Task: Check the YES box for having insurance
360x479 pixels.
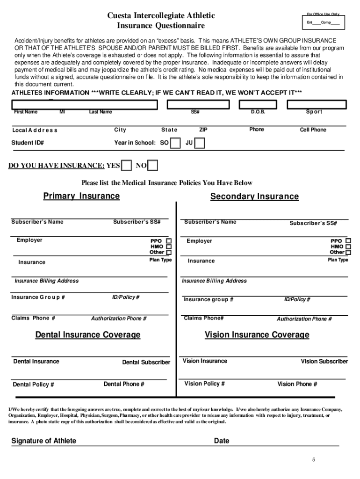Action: point(126,166)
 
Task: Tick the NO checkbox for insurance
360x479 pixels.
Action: point(152,166)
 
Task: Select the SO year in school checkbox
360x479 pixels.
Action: point(175,143)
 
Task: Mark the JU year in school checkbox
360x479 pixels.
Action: point(200,143)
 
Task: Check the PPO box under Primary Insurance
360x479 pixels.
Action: point(169,241)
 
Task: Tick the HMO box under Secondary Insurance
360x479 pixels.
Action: point(348,247)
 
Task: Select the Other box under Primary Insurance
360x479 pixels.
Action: point(169,252)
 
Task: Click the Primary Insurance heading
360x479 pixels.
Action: point(81,196)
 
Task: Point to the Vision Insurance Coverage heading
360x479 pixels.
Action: point(257,335)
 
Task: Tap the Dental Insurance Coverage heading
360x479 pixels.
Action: point(88,335)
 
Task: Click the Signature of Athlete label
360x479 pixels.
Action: point(43,441)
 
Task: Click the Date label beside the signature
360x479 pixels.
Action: point(222,441)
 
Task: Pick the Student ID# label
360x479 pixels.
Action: point(28,143)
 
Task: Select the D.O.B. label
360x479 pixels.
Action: point(258,112)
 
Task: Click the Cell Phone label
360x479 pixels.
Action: point(313,130)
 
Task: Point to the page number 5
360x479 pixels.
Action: point(314,460)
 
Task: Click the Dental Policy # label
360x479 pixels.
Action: point(33,385)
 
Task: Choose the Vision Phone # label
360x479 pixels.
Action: point(297,384)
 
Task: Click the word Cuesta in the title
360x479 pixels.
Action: point(120,16)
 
